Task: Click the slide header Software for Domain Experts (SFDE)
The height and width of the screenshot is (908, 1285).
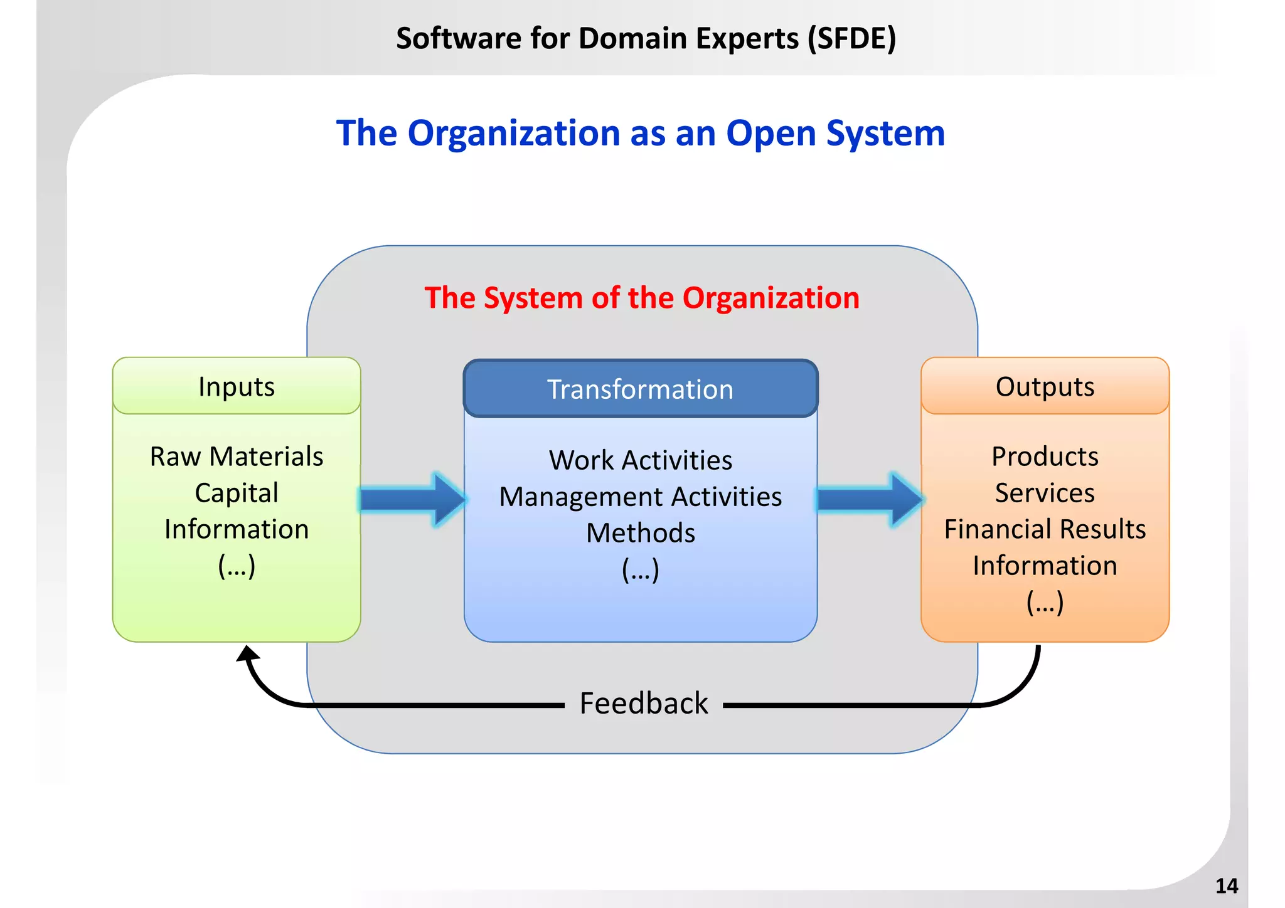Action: [646, 38]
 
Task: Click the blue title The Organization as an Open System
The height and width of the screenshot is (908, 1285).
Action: [640, 133]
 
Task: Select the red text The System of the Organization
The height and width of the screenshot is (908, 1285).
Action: [641, 297]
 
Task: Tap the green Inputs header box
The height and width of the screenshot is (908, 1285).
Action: [237, 386]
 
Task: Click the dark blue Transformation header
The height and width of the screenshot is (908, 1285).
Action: [640, 389]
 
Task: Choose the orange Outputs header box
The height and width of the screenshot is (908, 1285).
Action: [1045, 386]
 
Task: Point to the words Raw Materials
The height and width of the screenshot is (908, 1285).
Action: [237, 457]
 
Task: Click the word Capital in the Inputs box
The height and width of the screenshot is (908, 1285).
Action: [237, 493]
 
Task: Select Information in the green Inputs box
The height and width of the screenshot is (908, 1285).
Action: [237, 529]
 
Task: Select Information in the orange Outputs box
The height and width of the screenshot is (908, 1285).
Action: [1045, 566]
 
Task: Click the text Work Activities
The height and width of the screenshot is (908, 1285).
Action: [640, 460]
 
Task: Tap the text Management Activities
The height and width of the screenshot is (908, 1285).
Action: [640, 497]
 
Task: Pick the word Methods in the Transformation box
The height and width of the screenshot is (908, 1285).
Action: [640, 533]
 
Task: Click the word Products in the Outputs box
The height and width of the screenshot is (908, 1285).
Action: [1045, 457]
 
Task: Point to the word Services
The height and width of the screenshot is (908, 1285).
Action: [1045, 493]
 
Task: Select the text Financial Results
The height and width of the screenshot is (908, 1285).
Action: [1045, 529]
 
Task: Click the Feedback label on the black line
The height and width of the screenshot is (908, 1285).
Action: [643, 704]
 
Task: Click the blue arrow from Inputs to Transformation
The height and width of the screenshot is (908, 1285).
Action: [413, 500]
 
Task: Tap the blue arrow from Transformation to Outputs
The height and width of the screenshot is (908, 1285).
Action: [870, 500]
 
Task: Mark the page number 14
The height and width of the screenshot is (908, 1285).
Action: [1226, 886]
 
